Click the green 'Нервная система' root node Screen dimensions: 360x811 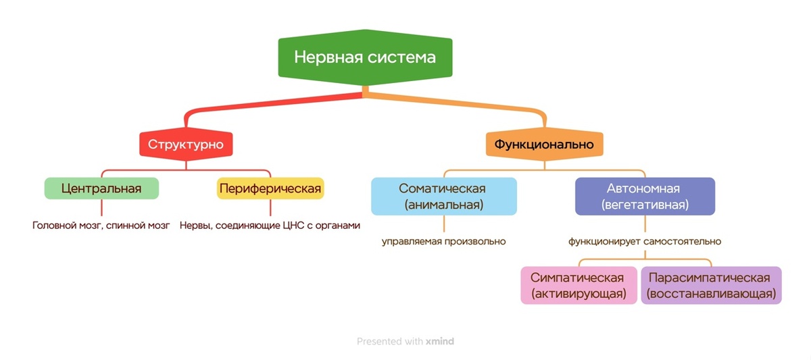tap(364, 57)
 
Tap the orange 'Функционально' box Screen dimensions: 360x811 tap(544, 144)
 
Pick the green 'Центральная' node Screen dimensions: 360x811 tap(101, 188)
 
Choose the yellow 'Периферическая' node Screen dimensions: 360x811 tap(270, 188)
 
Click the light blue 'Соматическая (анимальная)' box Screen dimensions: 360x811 tap(443, 196)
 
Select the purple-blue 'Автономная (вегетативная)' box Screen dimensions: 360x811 tap(644, 196)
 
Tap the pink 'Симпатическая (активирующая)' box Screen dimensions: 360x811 tap(579, 286)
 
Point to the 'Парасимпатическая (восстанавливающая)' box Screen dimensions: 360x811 tap(711, 286)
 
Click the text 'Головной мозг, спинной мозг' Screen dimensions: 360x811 tap(101, 225)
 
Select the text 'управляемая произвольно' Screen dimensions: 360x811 tap(443, 241)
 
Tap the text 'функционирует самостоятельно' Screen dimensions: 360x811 tap(644, 241)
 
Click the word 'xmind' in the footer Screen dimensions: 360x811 tap(440, 342)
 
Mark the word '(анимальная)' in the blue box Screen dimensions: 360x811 tap(443, 204)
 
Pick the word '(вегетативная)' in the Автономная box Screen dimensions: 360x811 tap(644, 204)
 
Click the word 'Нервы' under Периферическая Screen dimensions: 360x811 tap(194, 225)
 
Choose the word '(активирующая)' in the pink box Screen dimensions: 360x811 tap(579, 294)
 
